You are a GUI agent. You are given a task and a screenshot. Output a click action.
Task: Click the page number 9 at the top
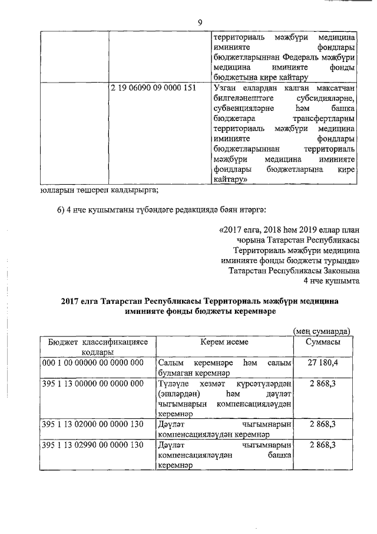200,22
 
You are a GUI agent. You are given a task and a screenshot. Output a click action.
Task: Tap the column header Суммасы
322,343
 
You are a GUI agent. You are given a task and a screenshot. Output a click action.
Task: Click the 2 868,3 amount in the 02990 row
322,444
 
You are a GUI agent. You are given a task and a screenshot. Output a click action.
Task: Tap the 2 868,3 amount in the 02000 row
322,424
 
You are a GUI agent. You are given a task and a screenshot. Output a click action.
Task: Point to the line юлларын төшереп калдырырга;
100,189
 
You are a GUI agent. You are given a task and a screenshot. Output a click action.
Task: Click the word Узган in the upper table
223,88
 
